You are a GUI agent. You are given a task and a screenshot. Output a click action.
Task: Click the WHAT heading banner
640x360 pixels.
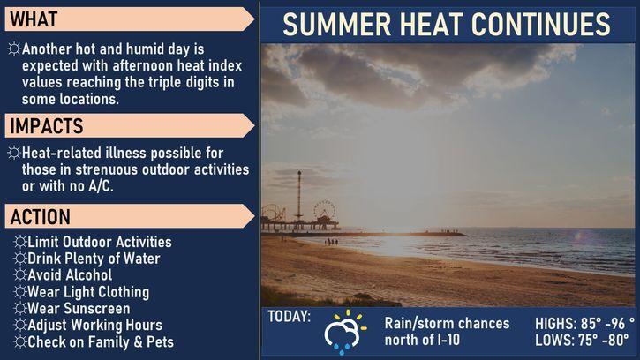(130, 19)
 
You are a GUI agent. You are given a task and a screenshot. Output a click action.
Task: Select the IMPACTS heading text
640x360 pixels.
(47, 126)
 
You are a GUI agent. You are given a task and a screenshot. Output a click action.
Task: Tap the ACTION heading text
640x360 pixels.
(40, 217)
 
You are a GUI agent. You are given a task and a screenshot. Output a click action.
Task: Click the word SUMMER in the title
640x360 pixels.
(336, 25)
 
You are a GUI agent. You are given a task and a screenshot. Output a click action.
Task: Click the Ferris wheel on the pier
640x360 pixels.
(325, 210)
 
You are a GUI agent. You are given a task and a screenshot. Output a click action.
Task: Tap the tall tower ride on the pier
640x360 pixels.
(299, 196)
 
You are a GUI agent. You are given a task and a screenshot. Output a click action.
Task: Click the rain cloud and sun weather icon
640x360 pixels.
(345, 332)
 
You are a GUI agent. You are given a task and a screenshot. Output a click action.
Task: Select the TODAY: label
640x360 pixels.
(289, 317)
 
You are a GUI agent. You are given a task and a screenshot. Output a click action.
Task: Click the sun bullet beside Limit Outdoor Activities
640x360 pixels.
(19, 242)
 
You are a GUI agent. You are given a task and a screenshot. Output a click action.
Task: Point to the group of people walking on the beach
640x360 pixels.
(331, 242)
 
